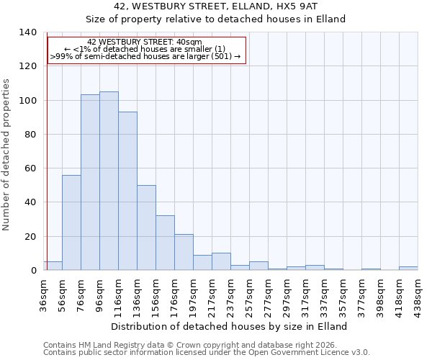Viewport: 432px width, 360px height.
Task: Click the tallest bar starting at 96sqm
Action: (109, 181)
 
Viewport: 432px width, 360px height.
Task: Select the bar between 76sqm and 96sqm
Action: (90, 182)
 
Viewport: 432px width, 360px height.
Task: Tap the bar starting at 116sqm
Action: (127, 191)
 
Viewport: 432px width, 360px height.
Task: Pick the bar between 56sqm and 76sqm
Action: (71, 222)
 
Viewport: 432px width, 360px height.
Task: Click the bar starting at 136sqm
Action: (146, 228)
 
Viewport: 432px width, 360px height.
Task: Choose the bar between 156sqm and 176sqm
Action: (165, 243)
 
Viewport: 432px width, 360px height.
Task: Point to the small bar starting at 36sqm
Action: (53, 266)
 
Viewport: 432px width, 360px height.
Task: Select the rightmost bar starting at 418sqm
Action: (408, 268)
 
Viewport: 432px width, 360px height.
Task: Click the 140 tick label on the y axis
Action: (28, 32)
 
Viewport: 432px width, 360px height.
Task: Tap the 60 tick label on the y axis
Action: (31, 168)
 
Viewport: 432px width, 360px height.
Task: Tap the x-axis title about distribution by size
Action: (230, 326)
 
